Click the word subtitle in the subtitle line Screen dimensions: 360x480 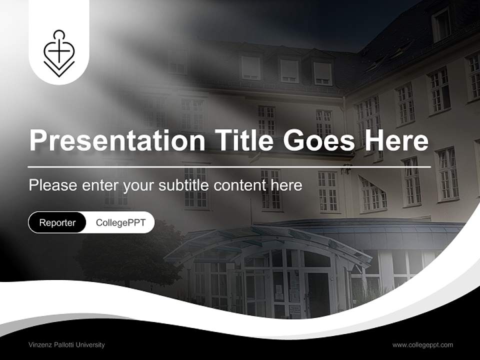tap(184, 185)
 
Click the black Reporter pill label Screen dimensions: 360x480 tap(57, 222)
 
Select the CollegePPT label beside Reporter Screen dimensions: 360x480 tap(120, 222)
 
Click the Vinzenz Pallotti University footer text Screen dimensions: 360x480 tap(66, 344)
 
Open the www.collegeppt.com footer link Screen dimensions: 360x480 tap(422, 344)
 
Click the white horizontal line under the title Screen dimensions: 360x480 tap(229, 166)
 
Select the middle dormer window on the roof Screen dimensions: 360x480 tap(289, 70)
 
